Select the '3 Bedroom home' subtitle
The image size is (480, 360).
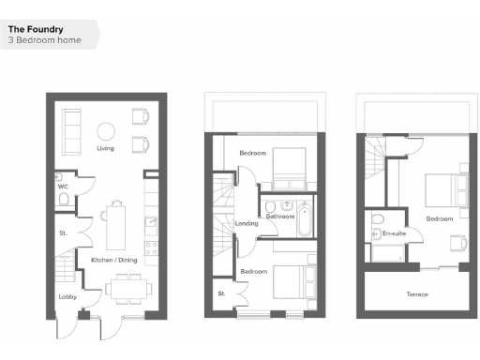click(x=43, y=40)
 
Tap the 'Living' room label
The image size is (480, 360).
click(x=105, y=148)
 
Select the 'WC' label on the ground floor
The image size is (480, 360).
click(x=63, y=186)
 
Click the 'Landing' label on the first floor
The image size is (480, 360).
click(x=247, y=223)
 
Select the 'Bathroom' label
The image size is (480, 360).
click(x=280, y=217)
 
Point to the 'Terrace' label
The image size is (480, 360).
click(x=416, y=294)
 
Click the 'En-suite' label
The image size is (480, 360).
click(x=389, y=232)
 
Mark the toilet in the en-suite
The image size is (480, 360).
click(x=378, y=221)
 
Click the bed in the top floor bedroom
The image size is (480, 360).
click(x=442, y=195)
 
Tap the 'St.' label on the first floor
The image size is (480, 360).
click(x=222, y=293)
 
